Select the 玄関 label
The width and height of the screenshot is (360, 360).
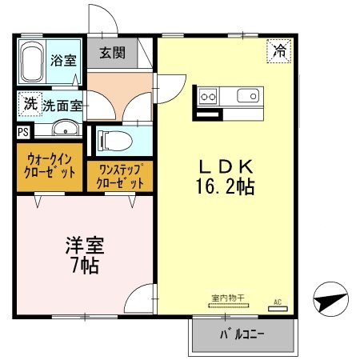click(x=111, y=54)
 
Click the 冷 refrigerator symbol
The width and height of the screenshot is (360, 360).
click(x=280, y=52)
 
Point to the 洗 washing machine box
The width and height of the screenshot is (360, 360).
click(x=29, y=103)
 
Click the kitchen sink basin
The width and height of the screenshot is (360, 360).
click(x=248, y=98)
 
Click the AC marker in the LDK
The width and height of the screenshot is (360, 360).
click(x=279, y=302)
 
